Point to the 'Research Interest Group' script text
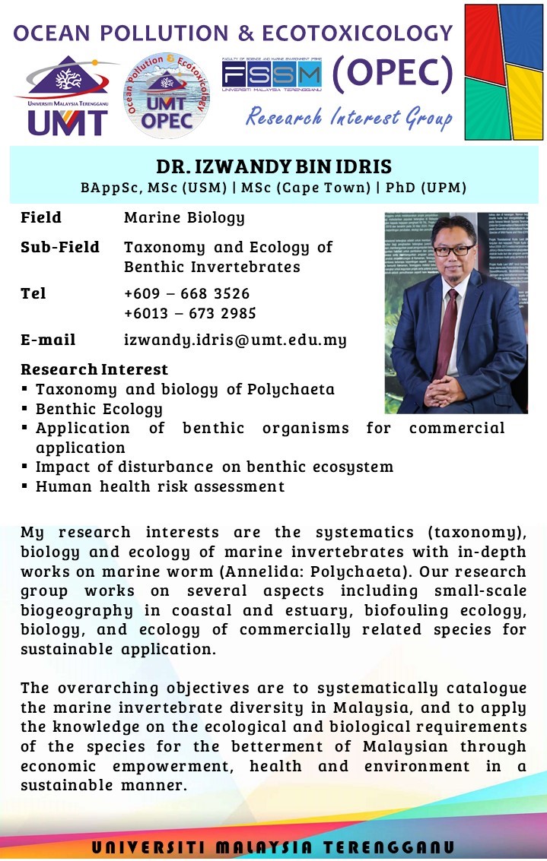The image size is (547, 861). click(x=348, y=117)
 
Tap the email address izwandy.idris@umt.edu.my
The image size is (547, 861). click(x=235, y=340)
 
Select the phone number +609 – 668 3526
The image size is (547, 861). click(x=186, y=293)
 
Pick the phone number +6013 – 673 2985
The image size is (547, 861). click(x=189, y=313)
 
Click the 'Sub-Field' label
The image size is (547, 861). click(x=60, y=247)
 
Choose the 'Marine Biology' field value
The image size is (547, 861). click(x=184, y=218)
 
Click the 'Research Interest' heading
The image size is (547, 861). click(x=94, y=369)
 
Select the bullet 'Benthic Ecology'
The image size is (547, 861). click(x=99, y=409)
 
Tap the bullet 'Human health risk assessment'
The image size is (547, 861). click(x=160, y=486)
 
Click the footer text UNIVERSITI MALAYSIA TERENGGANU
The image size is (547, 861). click(x=273, y=847)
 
